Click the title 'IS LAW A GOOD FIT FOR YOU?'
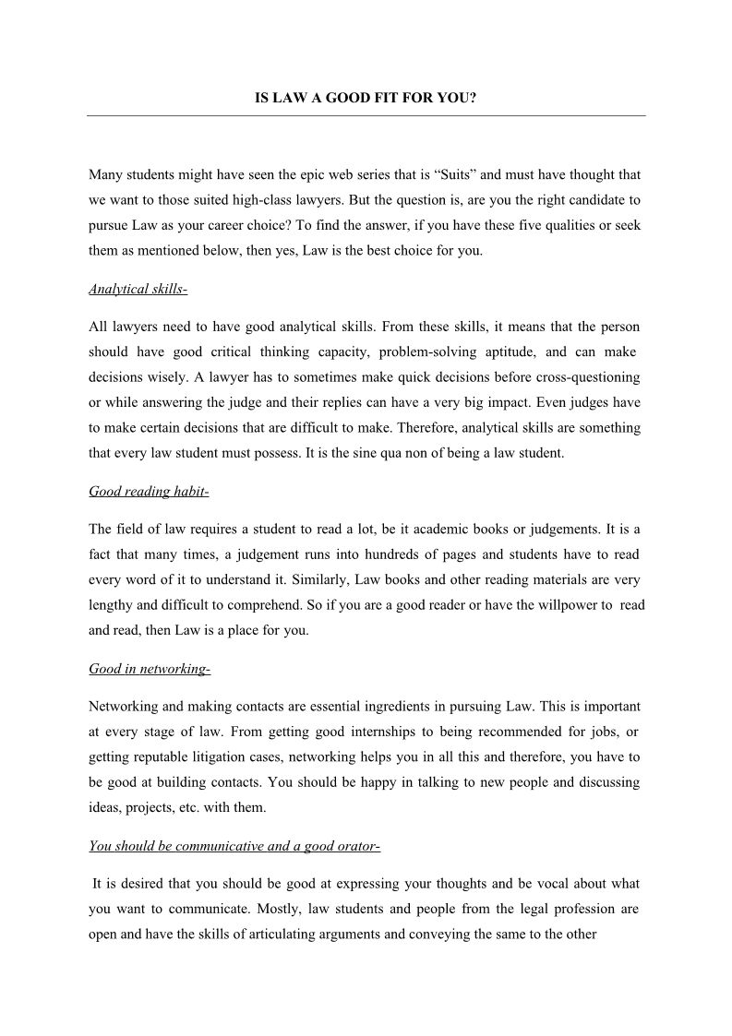pos(366,96)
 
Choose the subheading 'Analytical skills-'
pos(138,290)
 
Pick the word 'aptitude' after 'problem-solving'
pos(506,352)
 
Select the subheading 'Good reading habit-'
pos(149,492)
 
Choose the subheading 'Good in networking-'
pos(150,669)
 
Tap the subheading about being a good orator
pos(234,846)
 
